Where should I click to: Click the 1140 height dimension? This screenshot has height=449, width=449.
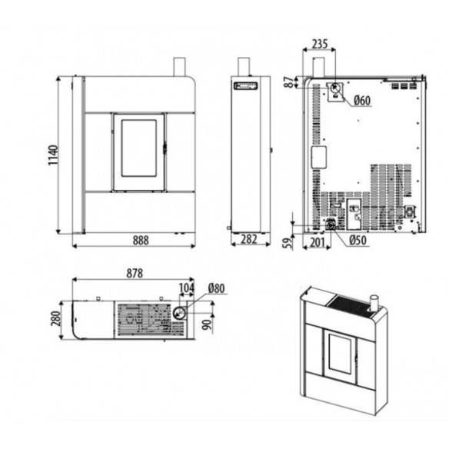(x=53, y=155)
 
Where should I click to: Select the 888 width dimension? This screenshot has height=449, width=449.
(x=141, y=241)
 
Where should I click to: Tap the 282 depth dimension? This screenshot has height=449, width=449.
(x=249, y=240)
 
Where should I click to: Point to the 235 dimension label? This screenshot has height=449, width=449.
(x=320, y=44)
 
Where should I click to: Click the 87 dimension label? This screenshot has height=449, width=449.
(x=290, y=82)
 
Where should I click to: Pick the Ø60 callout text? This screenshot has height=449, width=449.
(x=362, y=101)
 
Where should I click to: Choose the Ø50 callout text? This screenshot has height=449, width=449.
(x=358, y=240)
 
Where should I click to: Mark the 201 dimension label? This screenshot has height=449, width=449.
(x=318, y=242)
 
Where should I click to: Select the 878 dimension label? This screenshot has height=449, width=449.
(x=135, y=274)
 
